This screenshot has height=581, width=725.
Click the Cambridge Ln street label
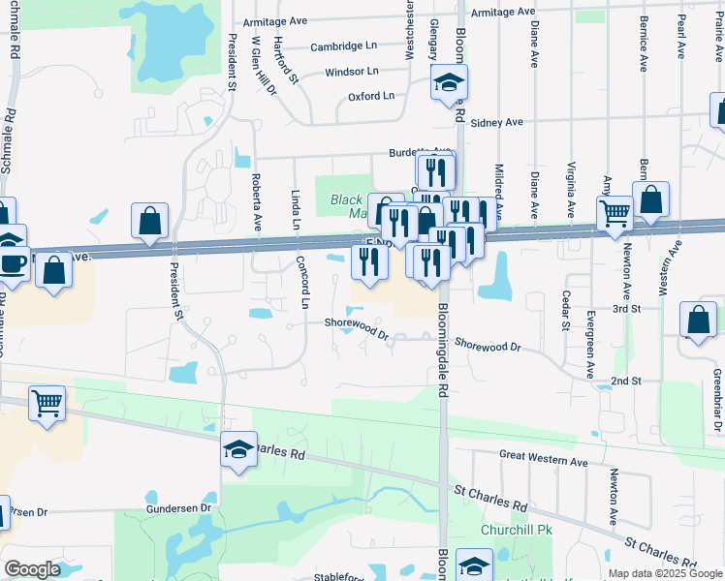click(x=344, y=46)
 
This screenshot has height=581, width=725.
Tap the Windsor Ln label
click(x=351, y=72)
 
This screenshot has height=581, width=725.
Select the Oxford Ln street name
click(x=371, y=97)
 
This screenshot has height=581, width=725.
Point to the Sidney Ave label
click(x=496, y=122)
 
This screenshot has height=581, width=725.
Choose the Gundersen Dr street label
click(x=178, y=507)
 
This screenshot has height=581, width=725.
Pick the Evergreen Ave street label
click(x=590, y=345)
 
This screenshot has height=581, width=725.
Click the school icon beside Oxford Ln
click(x=448, y=81)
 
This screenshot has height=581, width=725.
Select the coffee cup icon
click(x=13, y=263)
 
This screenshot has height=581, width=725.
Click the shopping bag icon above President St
click(x=149, y=222)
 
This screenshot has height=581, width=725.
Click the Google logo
click(x=32, y=569)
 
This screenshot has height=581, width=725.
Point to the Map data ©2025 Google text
click(x=664, y=573)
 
